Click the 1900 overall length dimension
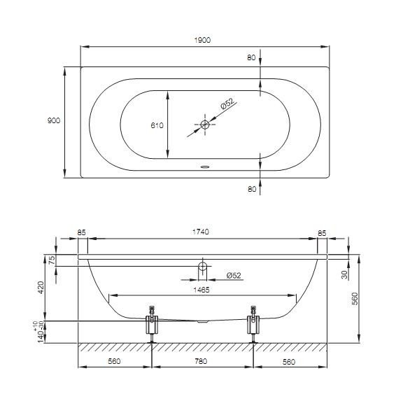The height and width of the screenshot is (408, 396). click(202, 40)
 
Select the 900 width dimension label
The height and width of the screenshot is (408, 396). click(54, 120)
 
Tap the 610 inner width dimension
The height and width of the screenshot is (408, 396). click(157, 125)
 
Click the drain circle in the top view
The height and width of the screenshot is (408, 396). click(205, 125)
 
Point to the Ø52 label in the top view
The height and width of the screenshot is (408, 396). click(227, 104)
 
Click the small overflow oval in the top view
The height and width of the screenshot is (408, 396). click(205, 167)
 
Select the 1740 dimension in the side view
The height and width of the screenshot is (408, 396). click(201, 232)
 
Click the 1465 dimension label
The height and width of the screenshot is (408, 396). click(201, 290)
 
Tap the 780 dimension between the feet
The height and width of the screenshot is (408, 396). click(201, 361)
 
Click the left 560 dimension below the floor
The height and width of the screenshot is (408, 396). click(114, 361)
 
